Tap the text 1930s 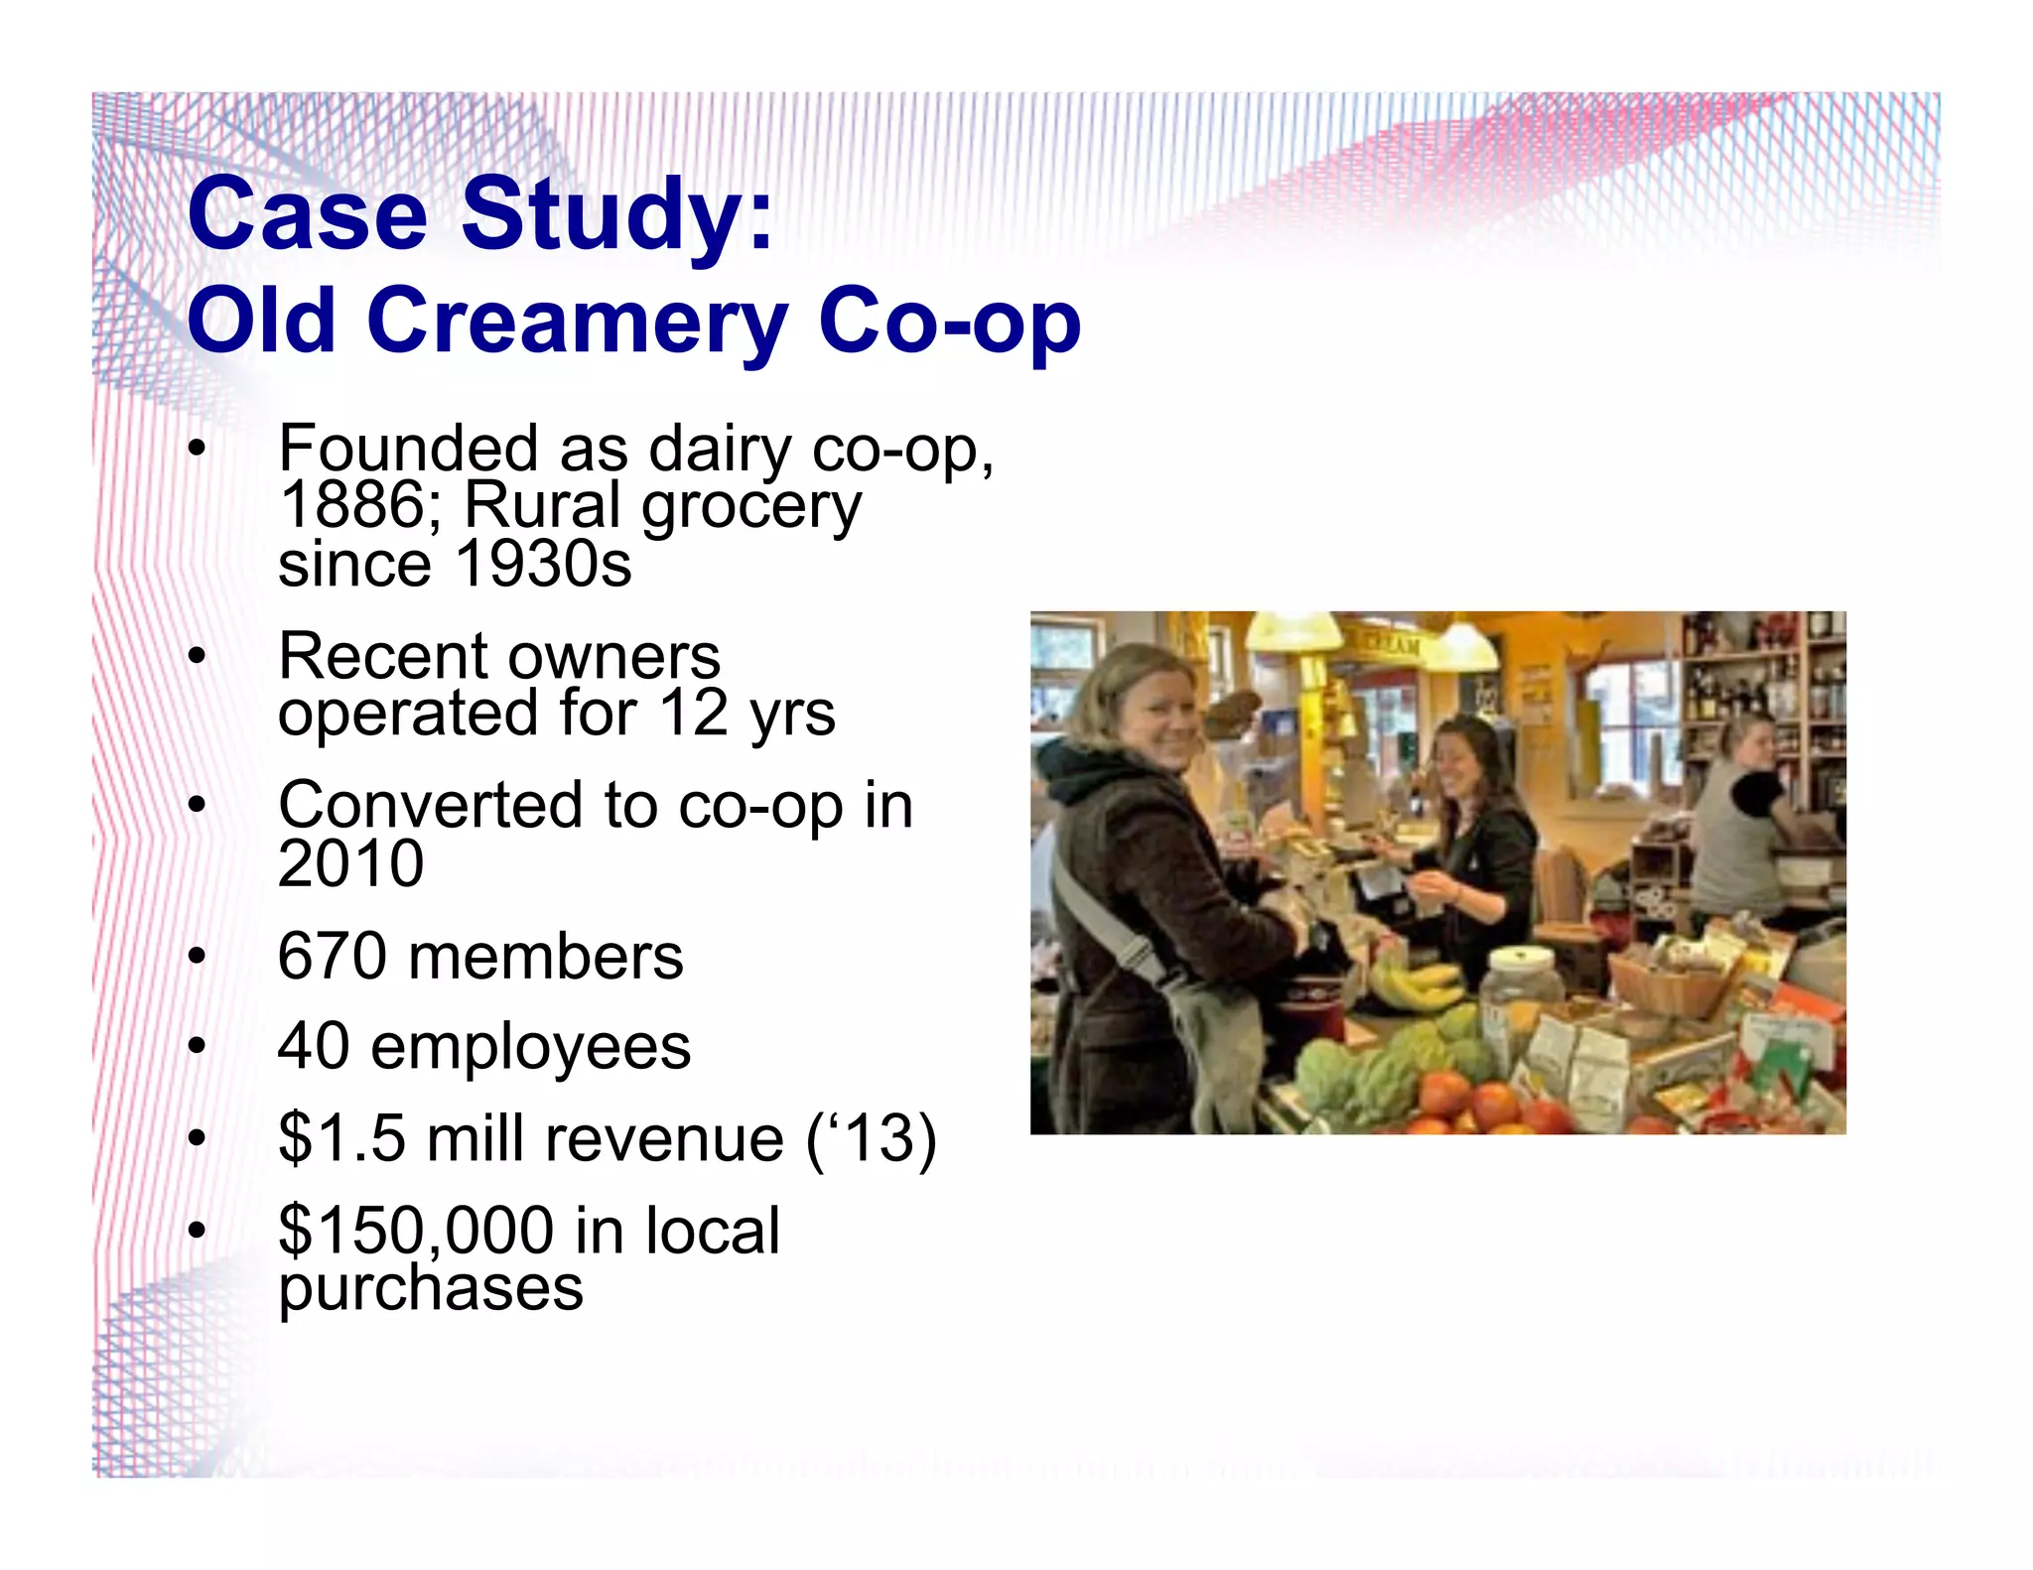coord(543,564)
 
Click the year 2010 coord(350,863)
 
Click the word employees coord(530,1047)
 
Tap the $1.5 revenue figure coord(342,1138)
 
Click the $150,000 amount coord(416,1231)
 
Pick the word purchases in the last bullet coord(430,1288)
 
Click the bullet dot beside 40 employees coord(198,1047)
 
